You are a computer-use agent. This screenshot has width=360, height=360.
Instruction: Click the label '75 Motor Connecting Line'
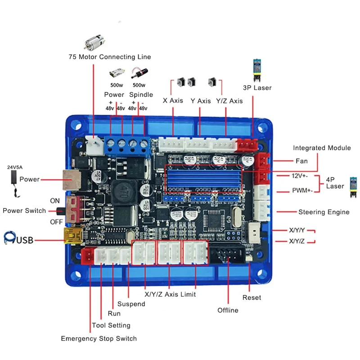109,57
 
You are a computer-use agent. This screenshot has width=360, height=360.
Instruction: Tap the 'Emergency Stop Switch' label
99,338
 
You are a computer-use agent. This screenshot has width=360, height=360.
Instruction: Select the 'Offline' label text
228,310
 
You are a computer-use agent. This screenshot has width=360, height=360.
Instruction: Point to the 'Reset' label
252,297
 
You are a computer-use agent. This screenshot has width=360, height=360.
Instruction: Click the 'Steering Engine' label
324,212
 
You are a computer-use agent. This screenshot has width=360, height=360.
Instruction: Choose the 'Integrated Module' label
322,148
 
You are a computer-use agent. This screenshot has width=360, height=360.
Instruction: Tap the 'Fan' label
301,161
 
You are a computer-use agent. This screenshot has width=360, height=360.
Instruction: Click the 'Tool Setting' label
111,325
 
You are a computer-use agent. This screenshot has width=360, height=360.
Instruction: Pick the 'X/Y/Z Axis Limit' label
170,294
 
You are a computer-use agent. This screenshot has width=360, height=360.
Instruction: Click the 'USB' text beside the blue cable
25,241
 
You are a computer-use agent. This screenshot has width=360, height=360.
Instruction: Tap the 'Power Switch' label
24,211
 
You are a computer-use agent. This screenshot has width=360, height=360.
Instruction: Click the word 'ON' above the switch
54,201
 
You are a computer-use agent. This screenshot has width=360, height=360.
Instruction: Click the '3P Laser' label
257,88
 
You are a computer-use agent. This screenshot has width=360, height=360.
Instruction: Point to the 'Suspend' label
131,304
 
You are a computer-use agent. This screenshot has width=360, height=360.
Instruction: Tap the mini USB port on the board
71,236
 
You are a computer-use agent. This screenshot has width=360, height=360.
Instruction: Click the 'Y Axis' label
201,101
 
